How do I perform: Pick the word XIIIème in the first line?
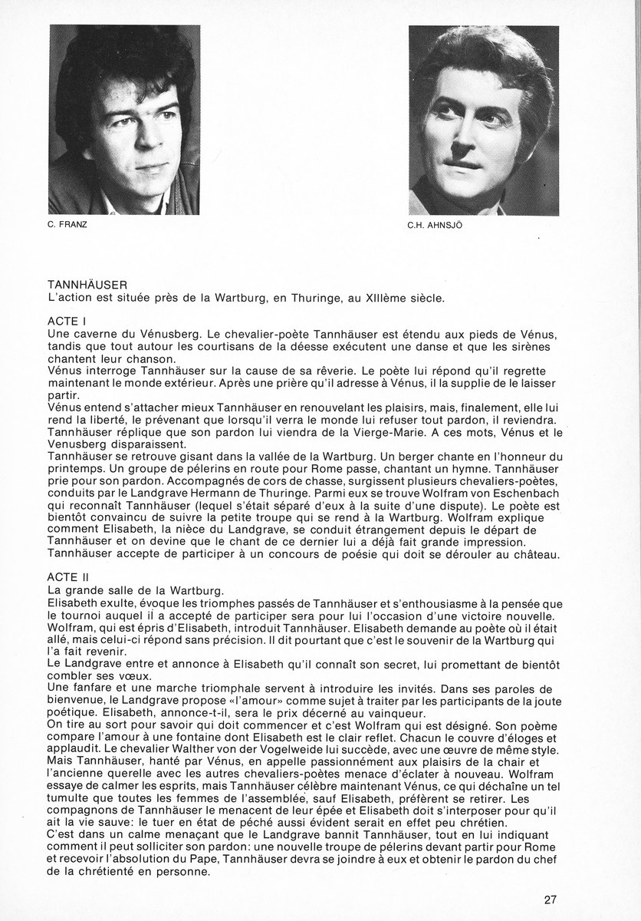coord(416,297)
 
